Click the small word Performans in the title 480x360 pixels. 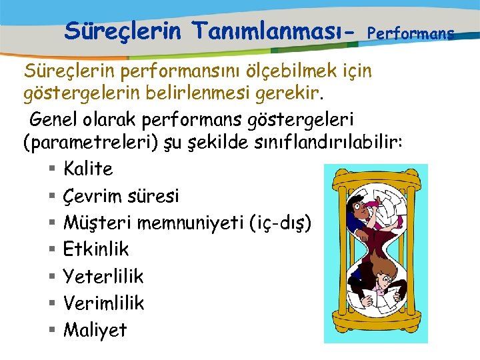click(x=411, y=32)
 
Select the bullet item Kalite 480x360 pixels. click(x=88, y=169)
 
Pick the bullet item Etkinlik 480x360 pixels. click(x=96, y=249)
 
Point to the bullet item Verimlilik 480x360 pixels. click(x=103, y=303)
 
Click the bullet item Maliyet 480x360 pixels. click(x=95, y=329)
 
